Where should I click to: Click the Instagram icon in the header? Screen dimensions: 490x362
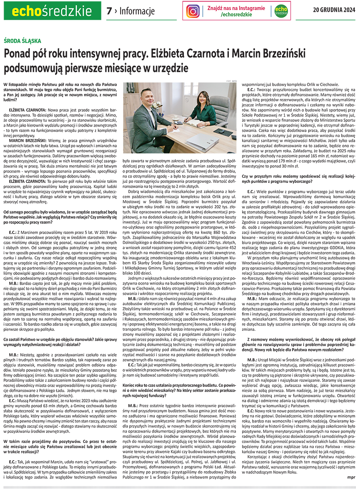[x=193, y=11]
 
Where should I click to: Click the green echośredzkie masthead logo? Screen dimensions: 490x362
[x=51, y=10]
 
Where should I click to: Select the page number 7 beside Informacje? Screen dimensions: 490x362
[x=109, y=11]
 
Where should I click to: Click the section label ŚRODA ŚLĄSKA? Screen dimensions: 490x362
[x=22, y=41]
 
